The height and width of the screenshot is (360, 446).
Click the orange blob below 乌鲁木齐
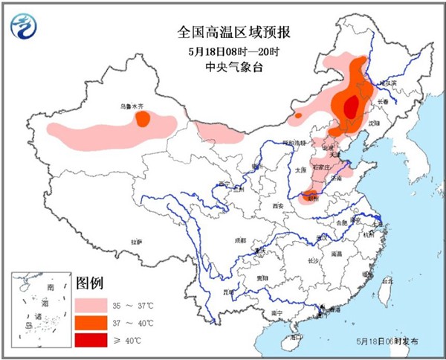click(x=142, y=119)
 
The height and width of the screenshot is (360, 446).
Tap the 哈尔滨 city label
click(x=390, y=83)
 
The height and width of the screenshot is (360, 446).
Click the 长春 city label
click(x=383, y=102)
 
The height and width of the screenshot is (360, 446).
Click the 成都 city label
click(x=239, y=241)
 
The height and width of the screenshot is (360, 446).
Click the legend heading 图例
click(x=90, y=283)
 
